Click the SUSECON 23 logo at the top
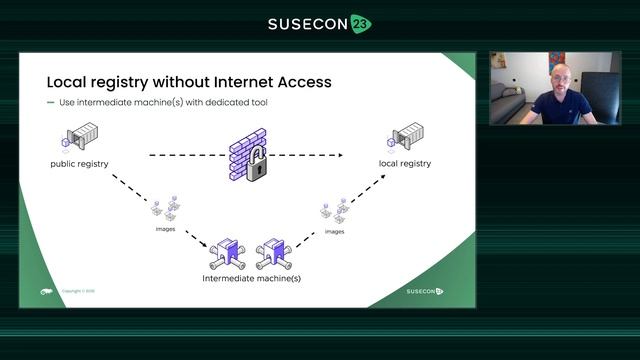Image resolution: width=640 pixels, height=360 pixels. click(319, 23)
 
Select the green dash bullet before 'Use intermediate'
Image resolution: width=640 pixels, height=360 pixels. click(50, 103)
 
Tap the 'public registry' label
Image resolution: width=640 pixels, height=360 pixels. click(79, 163)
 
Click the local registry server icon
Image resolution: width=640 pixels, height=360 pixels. click(406, 136)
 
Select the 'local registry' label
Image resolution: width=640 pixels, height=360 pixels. click(405, 163)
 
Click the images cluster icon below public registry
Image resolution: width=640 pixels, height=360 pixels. click(165, 209)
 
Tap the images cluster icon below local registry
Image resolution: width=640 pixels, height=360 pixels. click(335, 211)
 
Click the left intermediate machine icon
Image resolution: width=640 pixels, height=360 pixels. click(229, 254)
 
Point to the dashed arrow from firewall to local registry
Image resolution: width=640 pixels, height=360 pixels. click(310, 156)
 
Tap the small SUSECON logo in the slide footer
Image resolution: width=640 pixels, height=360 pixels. click(424, 291)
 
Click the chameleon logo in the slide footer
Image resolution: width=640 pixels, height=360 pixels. click(46, 291)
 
